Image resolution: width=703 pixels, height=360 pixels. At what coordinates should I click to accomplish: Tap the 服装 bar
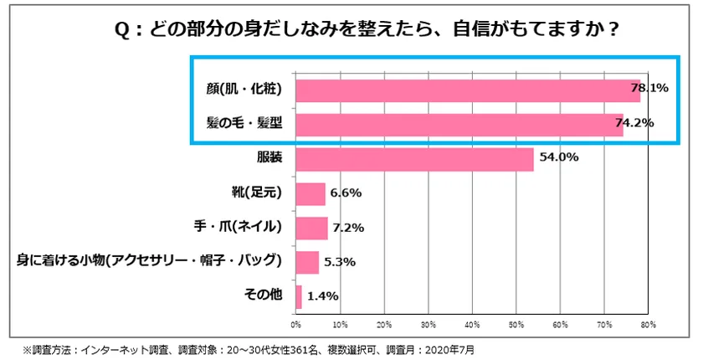pyautogui.click(x=414, y=159)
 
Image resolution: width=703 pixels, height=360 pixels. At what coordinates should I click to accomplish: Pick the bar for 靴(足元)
pyautogui.click(x=310, y=193)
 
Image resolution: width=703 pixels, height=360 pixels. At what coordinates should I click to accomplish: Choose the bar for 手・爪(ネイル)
pyautogui.click(x=311, y=228)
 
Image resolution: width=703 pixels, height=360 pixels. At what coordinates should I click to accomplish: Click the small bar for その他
pyautogui.click(x=299, y=296)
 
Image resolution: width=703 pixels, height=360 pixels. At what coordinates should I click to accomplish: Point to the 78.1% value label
pyautogui.click(x=649, y=88)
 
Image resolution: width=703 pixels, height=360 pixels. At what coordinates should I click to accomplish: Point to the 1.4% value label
pyautogui.click(x=321, y=296)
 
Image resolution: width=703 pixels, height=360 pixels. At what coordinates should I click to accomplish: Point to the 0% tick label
pyautogui.click(x=295, y=323)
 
